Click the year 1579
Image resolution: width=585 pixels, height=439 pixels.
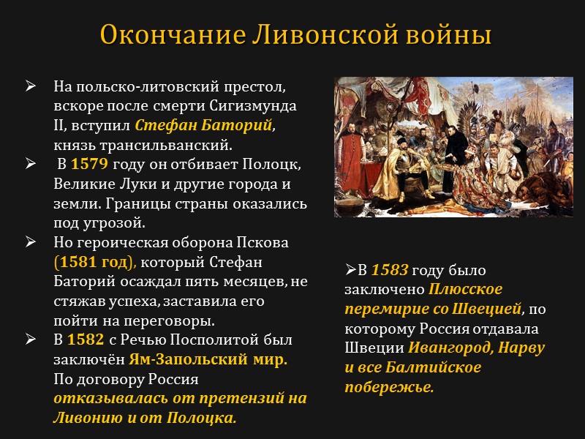pos(85,163)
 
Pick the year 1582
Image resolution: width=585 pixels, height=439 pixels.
pos(80,340)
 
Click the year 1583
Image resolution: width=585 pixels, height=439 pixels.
pos(390,271)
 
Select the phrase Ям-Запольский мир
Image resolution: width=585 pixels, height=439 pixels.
pos(208,360)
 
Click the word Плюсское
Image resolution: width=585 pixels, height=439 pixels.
pos(466,290)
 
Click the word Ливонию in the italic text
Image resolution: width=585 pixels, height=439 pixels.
pos(81,419)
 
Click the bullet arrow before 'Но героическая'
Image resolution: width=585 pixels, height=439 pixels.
pos(31,242)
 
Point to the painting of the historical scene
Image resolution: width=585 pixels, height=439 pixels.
pos(453,147)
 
